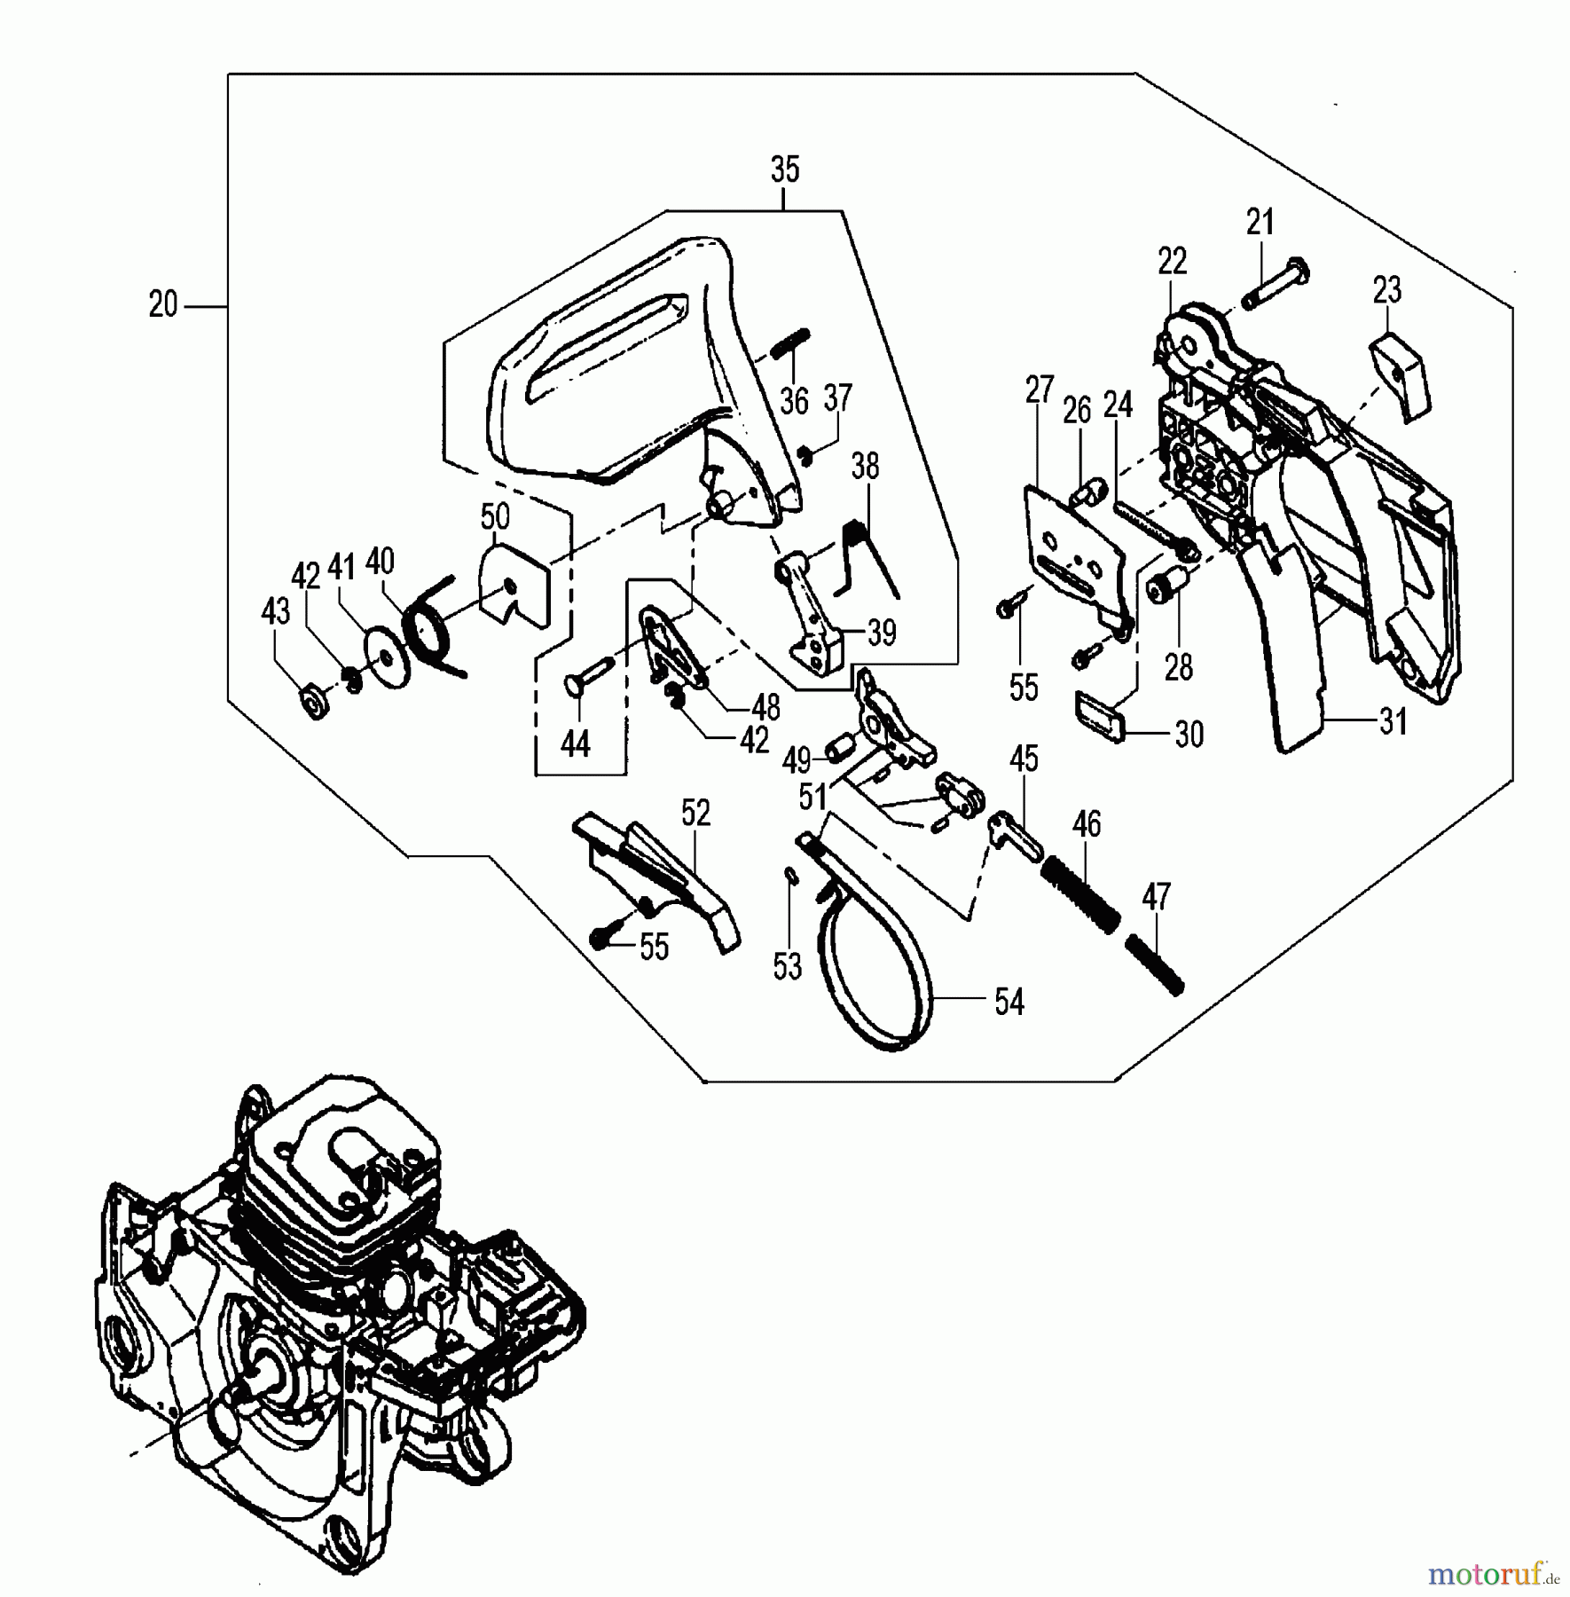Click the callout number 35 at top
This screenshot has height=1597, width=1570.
785,169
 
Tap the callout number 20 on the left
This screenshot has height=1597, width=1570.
163,305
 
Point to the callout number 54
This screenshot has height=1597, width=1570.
1009,1002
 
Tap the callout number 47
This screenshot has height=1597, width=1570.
1156,897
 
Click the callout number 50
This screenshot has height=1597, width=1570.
495,516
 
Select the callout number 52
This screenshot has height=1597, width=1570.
695,813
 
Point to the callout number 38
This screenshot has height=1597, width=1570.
865,466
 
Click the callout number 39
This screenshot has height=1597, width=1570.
881,633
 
